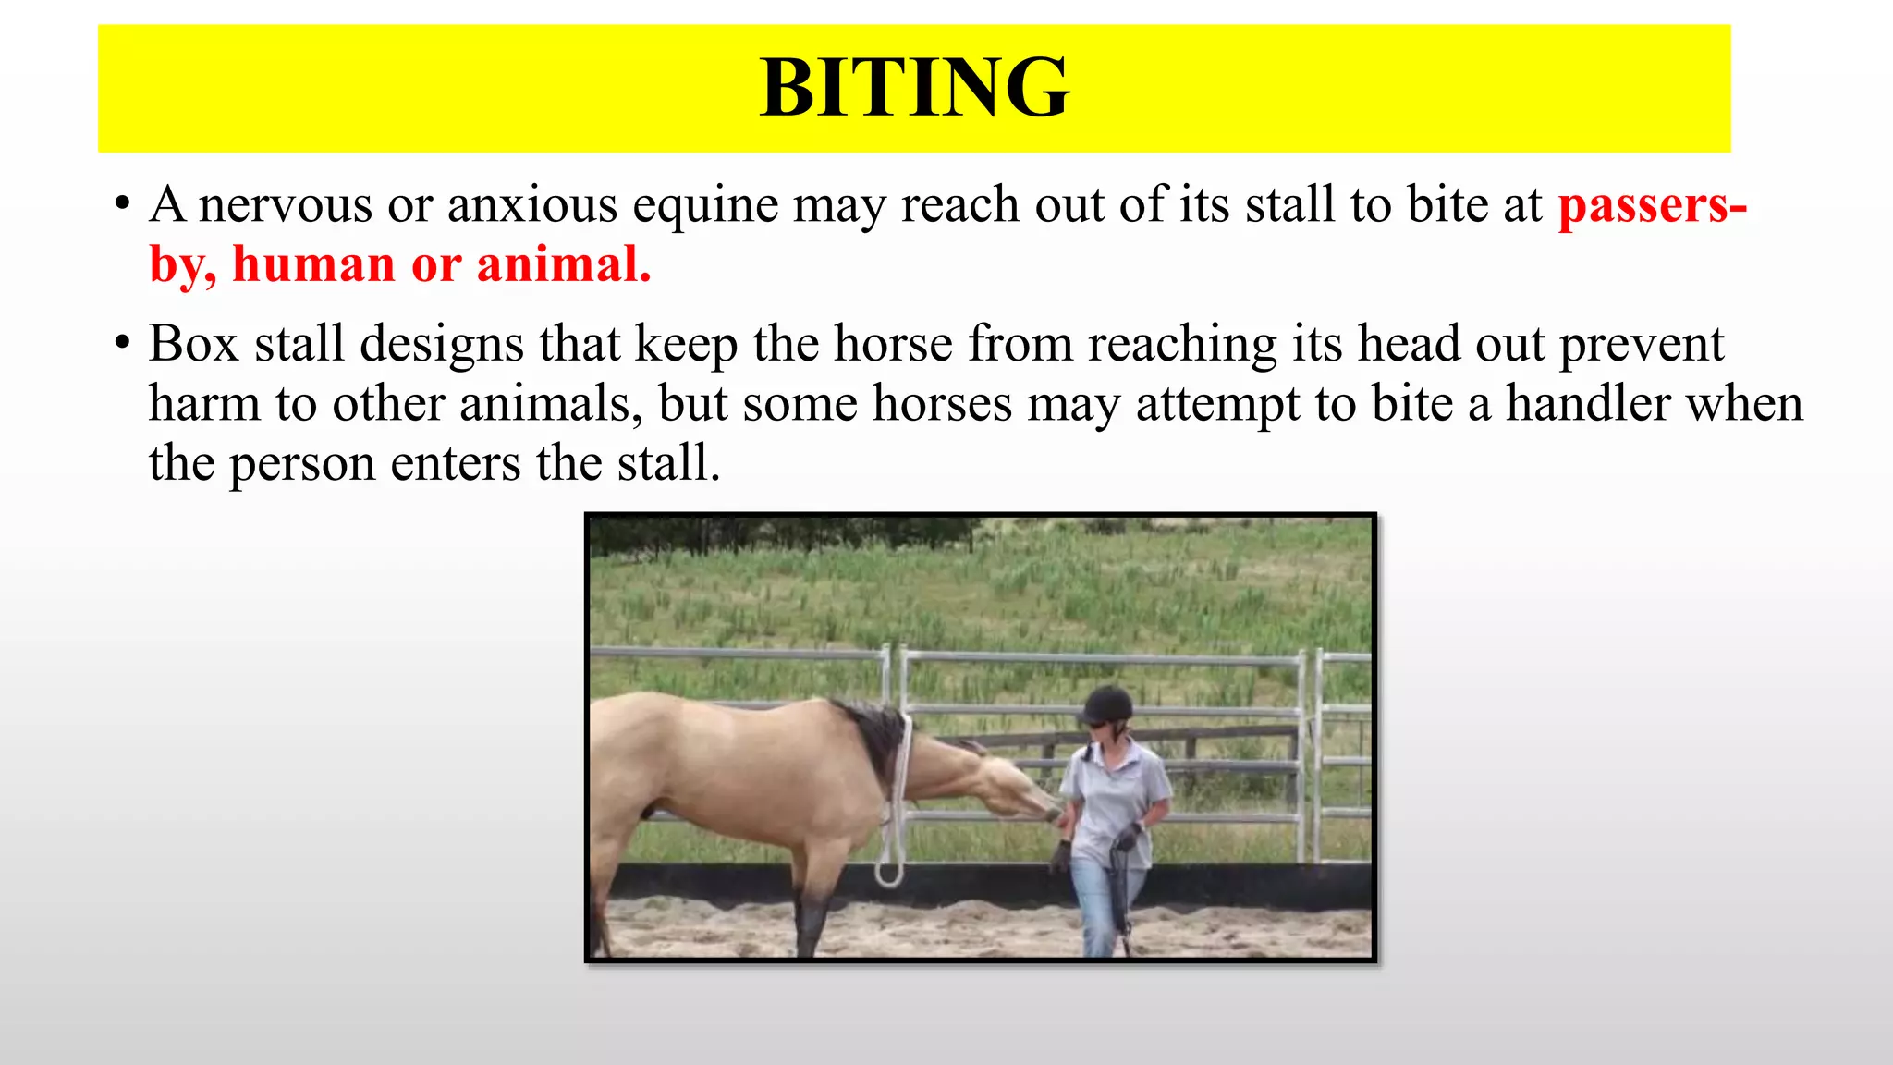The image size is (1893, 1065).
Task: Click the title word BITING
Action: click(914, 88)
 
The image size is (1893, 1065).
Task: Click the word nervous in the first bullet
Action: click(285, 204)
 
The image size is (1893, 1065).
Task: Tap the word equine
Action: click(704, 206)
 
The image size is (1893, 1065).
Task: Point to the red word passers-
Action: click(1652, 206)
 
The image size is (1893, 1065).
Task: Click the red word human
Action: click(313, 265)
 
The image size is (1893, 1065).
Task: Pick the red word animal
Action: click(563, 265)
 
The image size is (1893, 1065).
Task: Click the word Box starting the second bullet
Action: click(193, 344)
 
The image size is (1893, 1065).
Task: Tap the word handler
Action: click(1588, 404)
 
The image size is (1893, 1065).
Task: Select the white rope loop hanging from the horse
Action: click(889, 869)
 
